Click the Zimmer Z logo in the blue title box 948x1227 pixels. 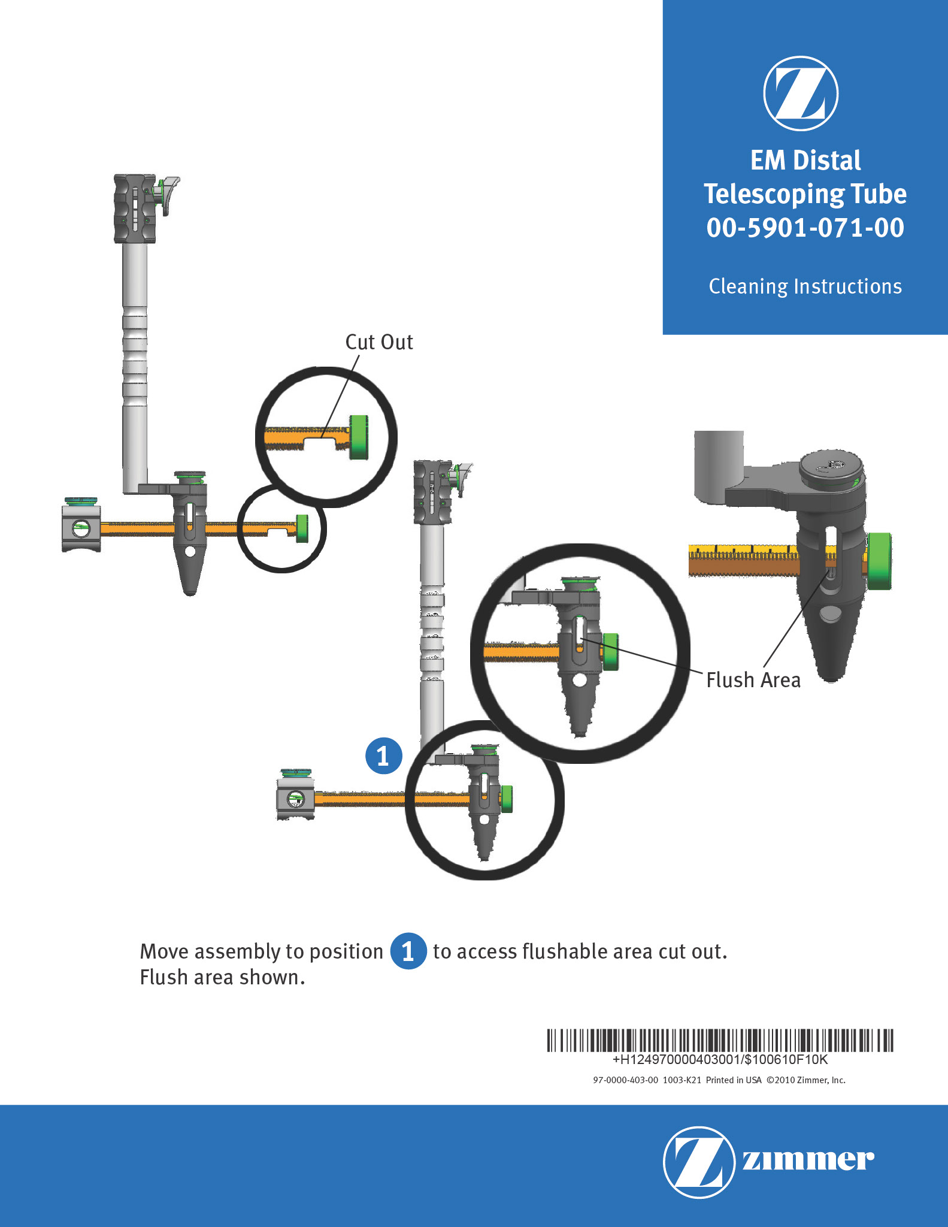(801, 93)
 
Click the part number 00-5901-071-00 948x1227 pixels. (805, 228)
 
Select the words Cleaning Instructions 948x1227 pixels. (805, 286)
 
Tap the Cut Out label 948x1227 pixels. (379, 341)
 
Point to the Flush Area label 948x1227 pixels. (753, 680)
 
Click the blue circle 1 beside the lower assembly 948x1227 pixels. (384, 755)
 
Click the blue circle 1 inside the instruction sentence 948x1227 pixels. (408, 951)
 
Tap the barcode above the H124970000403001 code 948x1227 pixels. (720, 1041)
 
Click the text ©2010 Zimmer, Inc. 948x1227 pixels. (806, 1080)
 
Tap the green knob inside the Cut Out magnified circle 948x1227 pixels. (359, 437)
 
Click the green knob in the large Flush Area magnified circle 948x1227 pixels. (610, 652)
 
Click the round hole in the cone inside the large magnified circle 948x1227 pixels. (579, 681)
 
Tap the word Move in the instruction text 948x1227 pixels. (164, 951)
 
